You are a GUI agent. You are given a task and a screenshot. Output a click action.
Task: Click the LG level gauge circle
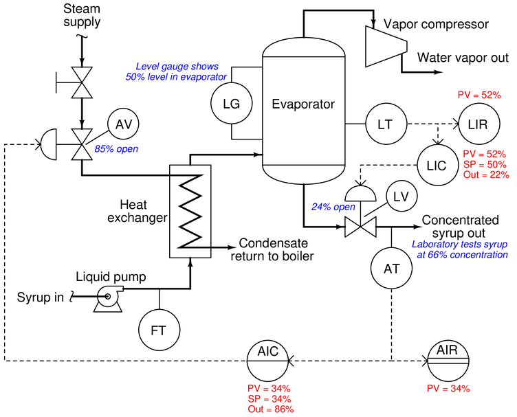pos(232,104)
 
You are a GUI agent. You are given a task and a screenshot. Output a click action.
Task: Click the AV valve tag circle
pos(123,124)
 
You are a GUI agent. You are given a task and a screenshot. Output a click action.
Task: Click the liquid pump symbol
pos(108,297)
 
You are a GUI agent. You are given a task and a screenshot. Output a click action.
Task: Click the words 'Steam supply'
pos(81,16)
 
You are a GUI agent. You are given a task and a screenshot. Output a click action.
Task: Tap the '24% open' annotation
pos(333,206)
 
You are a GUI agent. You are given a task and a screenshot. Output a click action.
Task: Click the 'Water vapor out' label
pos(463,58)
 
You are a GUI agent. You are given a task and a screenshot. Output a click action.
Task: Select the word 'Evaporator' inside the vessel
pos(302,105)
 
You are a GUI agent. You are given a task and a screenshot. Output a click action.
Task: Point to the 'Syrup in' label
pos(39,297)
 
